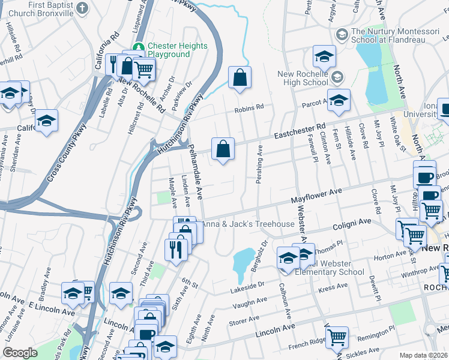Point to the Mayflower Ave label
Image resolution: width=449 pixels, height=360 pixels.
click(x=316, y=194)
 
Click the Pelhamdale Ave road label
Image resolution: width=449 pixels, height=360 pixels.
click(x=197, y=170)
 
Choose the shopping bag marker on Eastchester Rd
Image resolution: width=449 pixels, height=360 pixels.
click(x=223, y=150)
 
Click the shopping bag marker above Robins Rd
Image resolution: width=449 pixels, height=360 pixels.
click(x=240, y=78)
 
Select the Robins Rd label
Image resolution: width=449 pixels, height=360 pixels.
click(x=249, y=108)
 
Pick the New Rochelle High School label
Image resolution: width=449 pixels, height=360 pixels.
click(x=303, y=79)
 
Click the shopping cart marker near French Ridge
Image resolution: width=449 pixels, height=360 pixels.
click(x=336, y=338)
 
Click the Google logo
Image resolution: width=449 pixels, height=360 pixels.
click(x=20, y=353)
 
